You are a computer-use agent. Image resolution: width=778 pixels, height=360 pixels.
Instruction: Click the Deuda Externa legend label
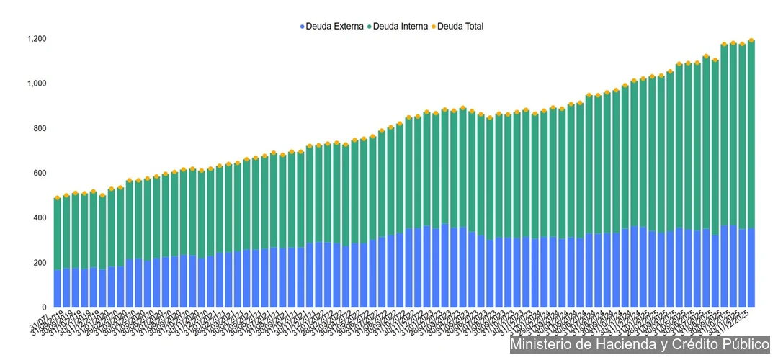click(334, 27)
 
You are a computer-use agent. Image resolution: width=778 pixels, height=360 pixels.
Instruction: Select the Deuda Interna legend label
click(401, 27)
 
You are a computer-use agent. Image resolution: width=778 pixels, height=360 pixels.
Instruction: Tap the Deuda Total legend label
click(461, 27)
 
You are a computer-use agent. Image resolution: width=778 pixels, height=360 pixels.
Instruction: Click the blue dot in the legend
click(303, 27)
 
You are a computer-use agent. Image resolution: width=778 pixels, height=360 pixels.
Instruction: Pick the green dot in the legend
click(370, 27)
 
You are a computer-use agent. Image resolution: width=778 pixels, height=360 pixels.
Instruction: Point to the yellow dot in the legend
click(434, 27)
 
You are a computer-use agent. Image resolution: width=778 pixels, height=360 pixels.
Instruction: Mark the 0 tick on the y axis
click(44, 307)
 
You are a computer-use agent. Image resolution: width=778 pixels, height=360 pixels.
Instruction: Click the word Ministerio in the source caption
click(542, 345)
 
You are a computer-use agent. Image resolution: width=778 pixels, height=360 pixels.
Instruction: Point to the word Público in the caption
click(747, 345)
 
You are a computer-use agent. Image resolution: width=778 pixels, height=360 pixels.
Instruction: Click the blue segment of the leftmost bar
click(58, 288)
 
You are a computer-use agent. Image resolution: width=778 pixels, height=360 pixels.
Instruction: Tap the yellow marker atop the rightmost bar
click(751, 40)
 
